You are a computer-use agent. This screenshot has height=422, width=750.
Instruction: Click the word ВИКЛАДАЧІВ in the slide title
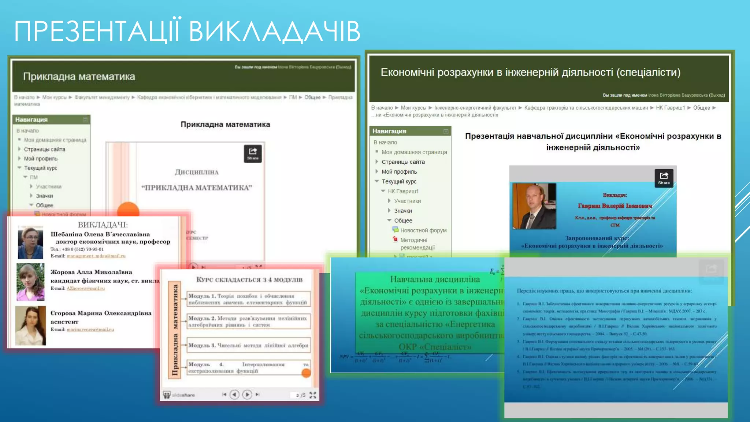point(275,32)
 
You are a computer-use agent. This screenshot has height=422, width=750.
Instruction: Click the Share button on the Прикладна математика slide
point(253,153)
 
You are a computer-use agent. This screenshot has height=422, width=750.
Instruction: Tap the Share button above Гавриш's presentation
point(664,178)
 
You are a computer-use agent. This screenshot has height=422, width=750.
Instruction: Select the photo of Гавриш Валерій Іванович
point(534,206)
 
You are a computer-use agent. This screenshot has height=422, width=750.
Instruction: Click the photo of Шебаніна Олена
point(30,243)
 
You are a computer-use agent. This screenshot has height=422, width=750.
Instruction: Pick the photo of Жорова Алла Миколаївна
point(30,282)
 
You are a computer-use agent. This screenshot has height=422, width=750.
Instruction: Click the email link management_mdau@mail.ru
point(96,256)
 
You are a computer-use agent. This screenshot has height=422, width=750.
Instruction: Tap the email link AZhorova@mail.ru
point(86,289)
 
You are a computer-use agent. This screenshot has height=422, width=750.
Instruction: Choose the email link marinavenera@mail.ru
point(90,330)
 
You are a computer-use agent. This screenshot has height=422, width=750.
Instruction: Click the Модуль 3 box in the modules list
point(249,345)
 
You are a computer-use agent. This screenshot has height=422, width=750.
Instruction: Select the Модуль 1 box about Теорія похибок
point(249,299)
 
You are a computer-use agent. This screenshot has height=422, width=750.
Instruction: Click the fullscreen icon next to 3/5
point(313,395)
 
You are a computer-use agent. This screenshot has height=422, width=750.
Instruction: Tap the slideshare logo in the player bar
point(179,395)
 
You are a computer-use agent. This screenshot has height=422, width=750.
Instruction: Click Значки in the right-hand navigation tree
point(403,211)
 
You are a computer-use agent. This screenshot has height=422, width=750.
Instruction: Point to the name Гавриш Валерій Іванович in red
point(615,206)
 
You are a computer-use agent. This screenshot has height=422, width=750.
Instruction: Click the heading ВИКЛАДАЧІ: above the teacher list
point(103,225)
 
